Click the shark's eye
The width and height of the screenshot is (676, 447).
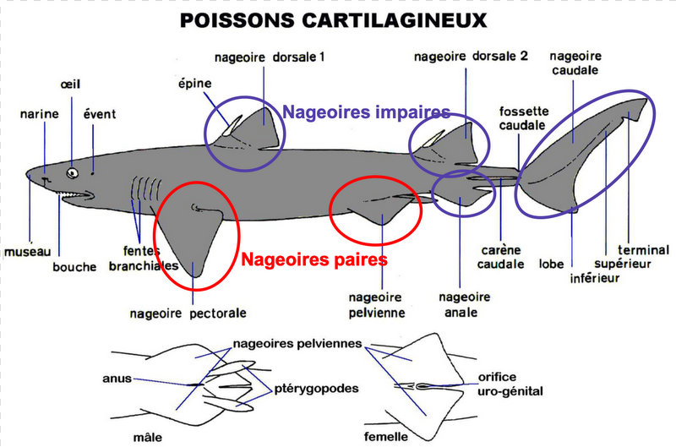72,173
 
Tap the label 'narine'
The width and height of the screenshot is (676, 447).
39,114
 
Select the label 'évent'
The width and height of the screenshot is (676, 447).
100,114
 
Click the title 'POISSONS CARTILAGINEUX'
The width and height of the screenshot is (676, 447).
333,20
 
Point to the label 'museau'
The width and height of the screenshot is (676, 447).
28,251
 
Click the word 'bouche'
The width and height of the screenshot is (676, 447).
74,267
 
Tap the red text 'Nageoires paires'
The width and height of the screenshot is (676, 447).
314,259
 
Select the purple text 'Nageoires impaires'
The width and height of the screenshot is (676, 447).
367,112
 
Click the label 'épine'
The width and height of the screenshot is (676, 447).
195,84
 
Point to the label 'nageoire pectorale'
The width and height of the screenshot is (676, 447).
188,313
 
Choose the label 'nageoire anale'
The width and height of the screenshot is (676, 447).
464,305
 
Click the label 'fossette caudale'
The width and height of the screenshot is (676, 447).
523,118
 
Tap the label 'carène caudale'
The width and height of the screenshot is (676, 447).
501,257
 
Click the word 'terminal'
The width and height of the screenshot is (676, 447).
643,250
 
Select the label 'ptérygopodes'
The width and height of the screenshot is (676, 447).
316,389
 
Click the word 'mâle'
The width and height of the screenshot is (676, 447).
148,438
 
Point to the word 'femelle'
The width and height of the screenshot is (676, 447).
386,437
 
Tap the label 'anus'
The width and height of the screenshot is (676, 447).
117,379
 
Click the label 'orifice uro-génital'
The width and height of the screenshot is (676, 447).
510,384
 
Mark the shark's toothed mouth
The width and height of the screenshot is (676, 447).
76,195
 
